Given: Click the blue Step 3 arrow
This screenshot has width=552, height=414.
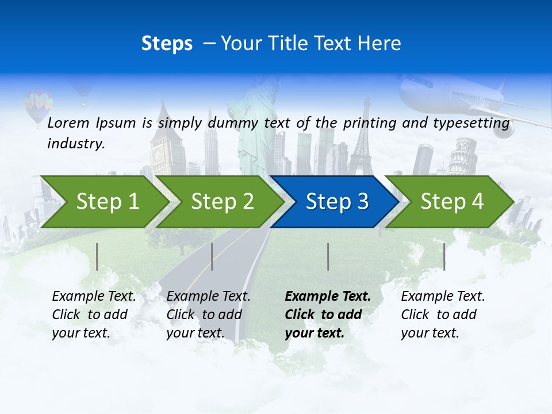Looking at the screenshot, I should tap(336, 202).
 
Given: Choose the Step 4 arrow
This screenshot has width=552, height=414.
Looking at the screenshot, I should tap(452, 202).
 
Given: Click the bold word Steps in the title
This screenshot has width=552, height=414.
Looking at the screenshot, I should tap(167, 44).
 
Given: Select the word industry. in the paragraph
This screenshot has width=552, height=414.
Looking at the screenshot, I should tap(76, 144).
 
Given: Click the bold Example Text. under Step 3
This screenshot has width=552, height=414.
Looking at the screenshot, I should tap(328, 297).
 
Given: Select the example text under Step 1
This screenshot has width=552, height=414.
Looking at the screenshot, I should tap(94, 315).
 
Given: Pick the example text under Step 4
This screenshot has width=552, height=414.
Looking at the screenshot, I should tap(443, 315).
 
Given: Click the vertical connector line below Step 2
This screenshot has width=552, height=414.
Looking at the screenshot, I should tap(212, 256).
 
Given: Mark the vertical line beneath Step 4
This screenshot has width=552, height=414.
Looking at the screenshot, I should tap(444, 256).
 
